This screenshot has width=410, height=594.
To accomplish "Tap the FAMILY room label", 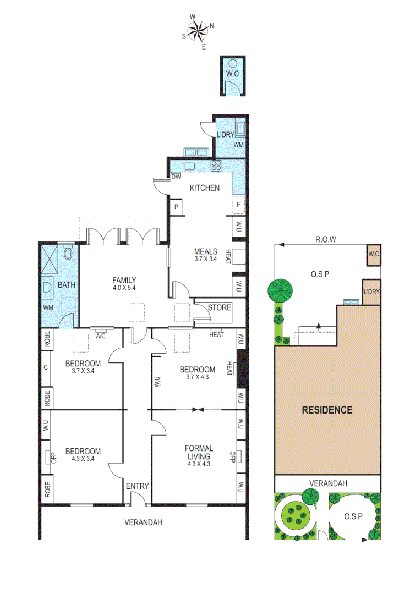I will click(124, 280).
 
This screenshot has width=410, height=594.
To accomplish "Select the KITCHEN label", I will click(204, 188).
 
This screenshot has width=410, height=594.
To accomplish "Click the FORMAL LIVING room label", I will click(199, 452).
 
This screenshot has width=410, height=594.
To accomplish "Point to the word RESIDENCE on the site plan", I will click(327, 410).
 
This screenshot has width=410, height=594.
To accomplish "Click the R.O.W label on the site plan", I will click(325, 239).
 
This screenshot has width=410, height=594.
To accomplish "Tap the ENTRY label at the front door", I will click(137, 486).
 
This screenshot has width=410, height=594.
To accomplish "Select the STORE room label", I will click(218, 307).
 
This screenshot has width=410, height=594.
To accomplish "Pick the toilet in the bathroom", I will click(68, 253).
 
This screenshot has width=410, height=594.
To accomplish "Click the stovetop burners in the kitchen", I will click(217, 166).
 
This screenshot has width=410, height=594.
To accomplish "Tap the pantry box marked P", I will click(177, 207).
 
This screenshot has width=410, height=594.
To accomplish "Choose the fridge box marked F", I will click(238, 205).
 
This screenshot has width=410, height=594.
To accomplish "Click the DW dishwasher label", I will click(176, 177).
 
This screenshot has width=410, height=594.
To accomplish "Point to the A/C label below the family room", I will click(101, 336).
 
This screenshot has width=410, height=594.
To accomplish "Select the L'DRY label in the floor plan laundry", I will click(226, 135).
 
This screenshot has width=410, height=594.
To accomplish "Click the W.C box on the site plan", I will click(373, 254).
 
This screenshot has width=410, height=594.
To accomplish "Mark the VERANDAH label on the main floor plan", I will click(143, 522).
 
